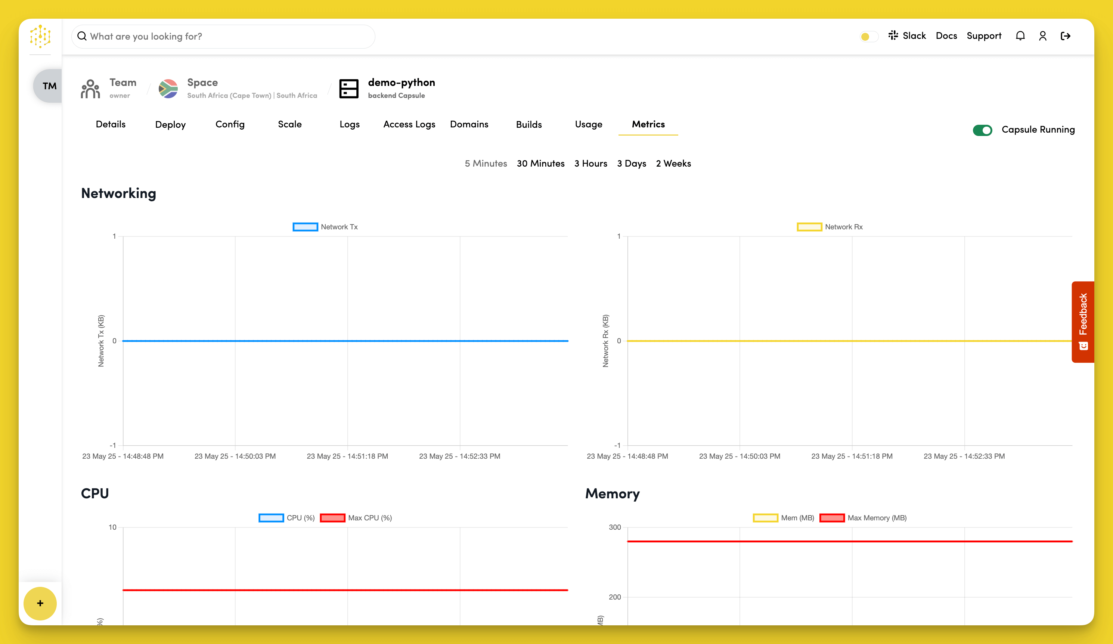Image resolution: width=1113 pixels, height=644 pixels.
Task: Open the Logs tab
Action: (349, 124)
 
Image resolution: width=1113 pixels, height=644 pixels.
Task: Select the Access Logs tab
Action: (409, 124)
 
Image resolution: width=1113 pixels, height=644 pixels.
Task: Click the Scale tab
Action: (290, 124)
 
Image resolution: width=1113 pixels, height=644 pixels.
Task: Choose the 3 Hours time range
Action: (590, 164)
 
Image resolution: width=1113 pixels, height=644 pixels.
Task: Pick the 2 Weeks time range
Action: (673, 164)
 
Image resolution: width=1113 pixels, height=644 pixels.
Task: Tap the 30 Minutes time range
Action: (540, 164)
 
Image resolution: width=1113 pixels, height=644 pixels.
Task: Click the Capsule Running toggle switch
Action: (982, 130)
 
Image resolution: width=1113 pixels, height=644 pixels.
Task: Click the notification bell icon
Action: (1020, 36)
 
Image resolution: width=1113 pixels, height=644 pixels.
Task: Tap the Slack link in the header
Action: (907, 36)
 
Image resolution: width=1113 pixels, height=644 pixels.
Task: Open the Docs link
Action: (946, 36)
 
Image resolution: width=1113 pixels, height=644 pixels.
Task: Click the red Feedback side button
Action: (1082, 322)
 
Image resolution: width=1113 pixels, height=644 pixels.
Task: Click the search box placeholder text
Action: (146, 36)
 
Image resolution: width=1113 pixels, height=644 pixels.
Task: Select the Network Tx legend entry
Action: (326, 227)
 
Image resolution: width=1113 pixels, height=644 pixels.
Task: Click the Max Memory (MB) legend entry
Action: (863, 518)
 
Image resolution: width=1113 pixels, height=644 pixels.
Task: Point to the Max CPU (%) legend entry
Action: (356, 518)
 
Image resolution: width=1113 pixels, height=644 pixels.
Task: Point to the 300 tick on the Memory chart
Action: (615, 527)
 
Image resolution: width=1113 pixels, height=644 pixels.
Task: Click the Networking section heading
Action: (118, 193)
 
